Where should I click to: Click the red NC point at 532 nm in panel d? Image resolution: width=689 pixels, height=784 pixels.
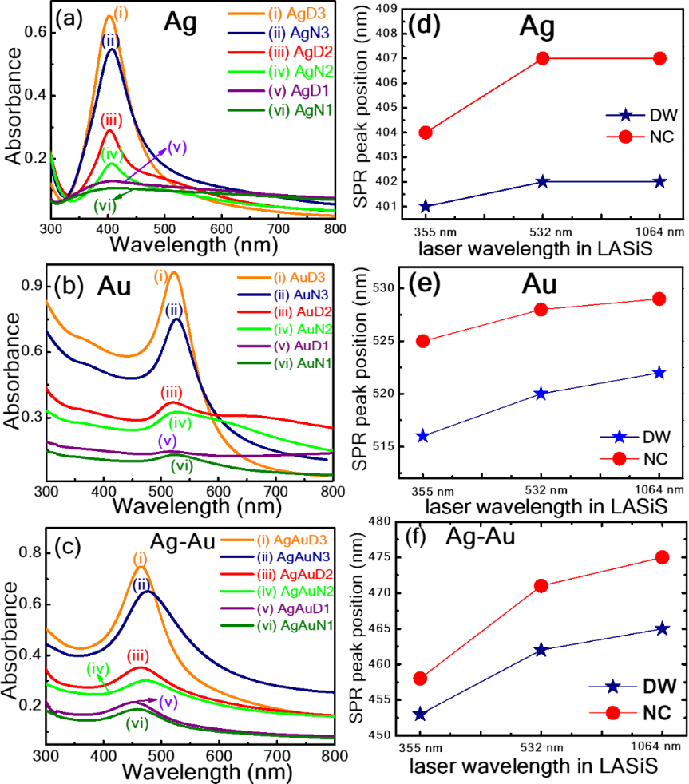click(x=543, y=58)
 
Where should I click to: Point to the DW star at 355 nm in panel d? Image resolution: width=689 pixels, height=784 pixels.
click(x=426, y=206)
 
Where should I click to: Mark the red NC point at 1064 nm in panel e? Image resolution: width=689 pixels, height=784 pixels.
click(x=659, y=299)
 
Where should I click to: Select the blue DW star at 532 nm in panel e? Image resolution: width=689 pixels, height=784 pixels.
click(x=541, y=394)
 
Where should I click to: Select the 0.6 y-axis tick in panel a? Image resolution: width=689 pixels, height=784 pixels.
click(x=34, y=34)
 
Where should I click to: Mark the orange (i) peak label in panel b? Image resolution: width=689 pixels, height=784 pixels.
click(x=162, y=277)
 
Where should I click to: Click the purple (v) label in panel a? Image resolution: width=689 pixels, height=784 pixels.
click(x=176, y=148)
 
